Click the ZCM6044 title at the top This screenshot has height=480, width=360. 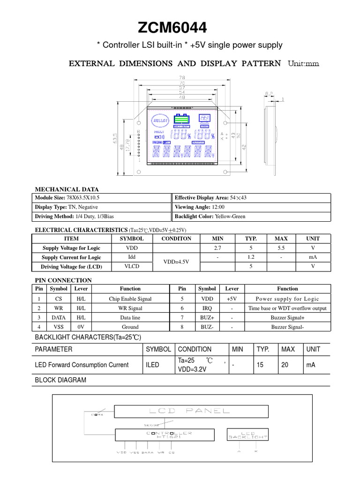[172, 29]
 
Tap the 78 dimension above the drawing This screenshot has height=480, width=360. [181, 77]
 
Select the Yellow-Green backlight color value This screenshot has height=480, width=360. [230, 217]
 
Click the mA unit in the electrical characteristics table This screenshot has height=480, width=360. [313, 257]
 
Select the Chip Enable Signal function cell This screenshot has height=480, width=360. [130, 299]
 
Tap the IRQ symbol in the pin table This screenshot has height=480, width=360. [207, 308]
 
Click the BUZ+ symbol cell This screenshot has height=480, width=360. [207, 317]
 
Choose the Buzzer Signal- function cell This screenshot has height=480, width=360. [287, 327]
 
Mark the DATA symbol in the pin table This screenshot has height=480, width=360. [59, 317]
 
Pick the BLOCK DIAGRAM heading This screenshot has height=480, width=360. [61, 380]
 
